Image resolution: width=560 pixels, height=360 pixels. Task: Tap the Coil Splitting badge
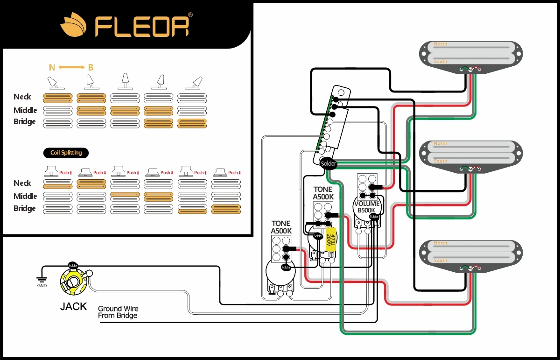click(66, 153)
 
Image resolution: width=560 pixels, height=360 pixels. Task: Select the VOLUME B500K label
click(367, 207)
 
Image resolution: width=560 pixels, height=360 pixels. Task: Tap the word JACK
click(73, 306)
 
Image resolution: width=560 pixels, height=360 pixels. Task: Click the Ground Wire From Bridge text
click(118, 312)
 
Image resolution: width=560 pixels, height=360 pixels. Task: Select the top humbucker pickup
click(470, 55)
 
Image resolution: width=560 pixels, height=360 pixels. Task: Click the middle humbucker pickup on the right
click(470, 155)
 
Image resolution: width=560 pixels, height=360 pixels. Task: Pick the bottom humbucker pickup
click(470, 254)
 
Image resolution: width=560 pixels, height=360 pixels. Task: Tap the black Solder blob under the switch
click(329, 163)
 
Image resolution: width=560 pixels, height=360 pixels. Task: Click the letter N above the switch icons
click(52, 68)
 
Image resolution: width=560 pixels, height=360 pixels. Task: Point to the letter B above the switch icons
click(91, 68)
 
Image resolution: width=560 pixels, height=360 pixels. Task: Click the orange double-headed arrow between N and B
click(71, 68)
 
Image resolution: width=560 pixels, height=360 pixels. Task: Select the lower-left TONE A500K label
click(280, 227)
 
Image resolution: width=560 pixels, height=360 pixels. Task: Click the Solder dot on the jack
click(73, 265)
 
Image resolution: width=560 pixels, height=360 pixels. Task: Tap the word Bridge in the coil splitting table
click(24, 208)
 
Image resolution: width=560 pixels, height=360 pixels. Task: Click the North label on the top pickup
click(440, 44)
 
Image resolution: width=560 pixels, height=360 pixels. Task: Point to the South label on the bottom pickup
click(440, 261)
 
